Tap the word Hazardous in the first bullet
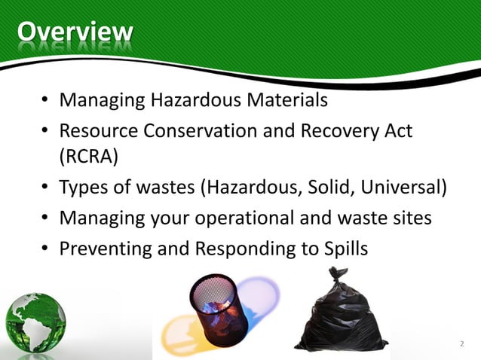coord(198,99)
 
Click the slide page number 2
coord(461,344)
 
